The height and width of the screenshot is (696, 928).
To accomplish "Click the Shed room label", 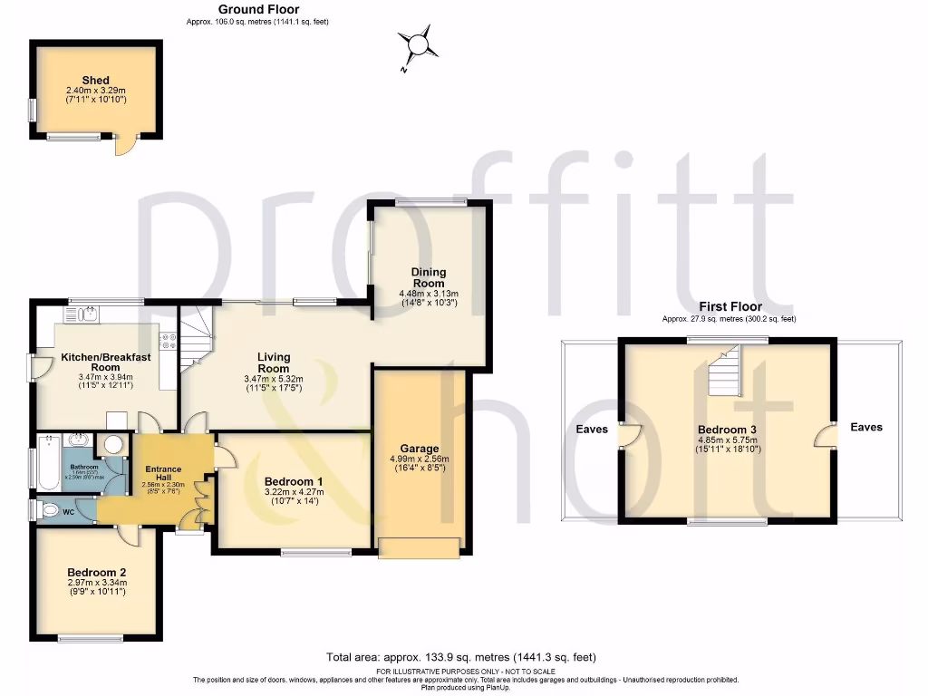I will click(x=95, y=81).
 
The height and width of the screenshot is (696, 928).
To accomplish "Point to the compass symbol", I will click(x=418, y=45).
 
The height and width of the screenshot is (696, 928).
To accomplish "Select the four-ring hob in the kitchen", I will click(x=169, y=342).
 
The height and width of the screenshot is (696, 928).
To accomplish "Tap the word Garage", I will click(x=420, y=449).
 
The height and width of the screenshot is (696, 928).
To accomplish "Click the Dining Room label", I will click(x=429, y=276).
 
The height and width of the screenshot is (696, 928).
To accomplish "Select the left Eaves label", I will click(x=592, y=430).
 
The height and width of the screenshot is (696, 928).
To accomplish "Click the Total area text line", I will click(x=461, y=657).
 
